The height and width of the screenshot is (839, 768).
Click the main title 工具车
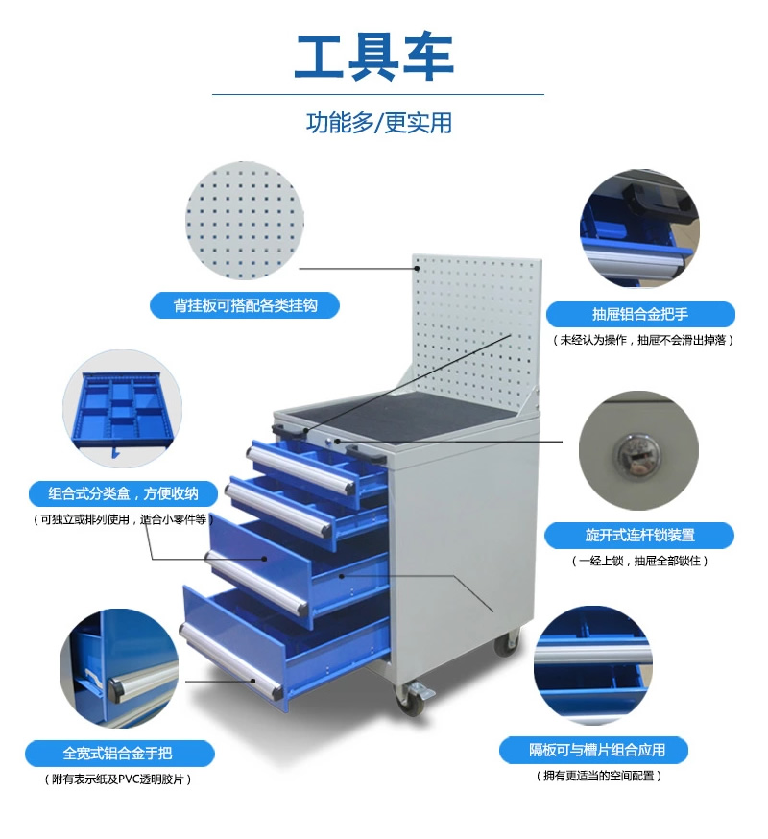click(x=374, y=58)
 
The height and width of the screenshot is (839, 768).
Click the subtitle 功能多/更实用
click(x=379, y=123)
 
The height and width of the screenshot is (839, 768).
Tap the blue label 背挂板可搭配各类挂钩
click(x=245, y=305)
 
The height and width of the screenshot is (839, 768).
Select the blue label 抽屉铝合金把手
click(x=640, y=314)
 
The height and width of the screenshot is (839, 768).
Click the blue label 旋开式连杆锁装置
click(x=639, y=535)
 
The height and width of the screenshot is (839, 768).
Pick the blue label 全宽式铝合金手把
click(x=118, y=754)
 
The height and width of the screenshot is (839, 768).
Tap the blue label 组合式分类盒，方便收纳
click(x=123, y=493)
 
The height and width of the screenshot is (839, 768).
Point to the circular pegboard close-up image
click(x=245, y=222)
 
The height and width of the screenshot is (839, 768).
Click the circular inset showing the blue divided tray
click(x=122, y=409)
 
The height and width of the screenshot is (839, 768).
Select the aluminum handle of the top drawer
click(x=300, y=469)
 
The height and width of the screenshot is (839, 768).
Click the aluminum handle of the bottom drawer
click(x=230, y=660)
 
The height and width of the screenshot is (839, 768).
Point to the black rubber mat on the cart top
click(x=412, y=414)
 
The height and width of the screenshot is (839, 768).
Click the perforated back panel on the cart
click(x=477, y=332)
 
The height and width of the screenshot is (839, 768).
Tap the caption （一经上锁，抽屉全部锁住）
click(x=639, y=561)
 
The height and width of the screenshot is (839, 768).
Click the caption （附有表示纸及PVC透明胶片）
click(x=118, y=779)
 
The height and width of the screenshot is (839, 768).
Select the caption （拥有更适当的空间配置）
click(x=599, y=776)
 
